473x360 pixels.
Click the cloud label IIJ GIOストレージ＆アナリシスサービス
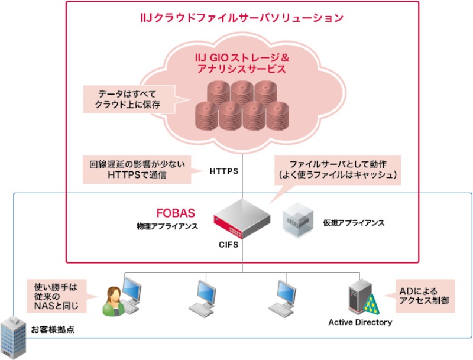coord(241,63)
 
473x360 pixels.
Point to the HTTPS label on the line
coord(223,171)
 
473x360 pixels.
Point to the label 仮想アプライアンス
coord(354,223)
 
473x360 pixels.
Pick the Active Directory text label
coord(360,323)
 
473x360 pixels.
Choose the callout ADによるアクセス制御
coord(424,296)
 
